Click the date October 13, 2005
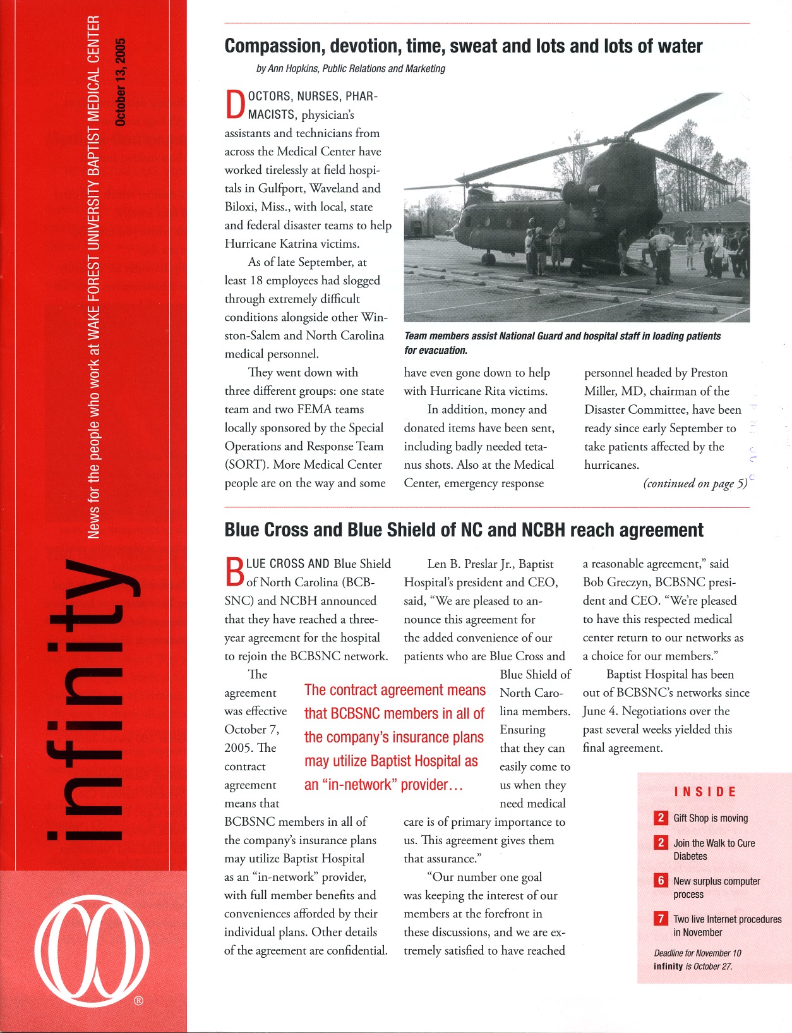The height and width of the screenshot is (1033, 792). coord(121,82)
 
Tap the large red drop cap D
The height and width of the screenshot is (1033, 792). coord(235,105)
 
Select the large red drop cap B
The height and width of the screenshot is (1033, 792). coord(234,571)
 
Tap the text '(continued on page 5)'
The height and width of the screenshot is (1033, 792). coord(695,484)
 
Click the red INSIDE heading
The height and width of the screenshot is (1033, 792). coord(705,792)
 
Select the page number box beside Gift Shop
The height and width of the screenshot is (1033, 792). coord(661,818)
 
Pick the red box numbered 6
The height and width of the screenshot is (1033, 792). coord(661,881)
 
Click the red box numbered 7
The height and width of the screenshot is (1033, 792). coord(661,919)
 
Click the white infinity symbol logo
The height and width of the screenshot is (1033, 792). coord(93,950)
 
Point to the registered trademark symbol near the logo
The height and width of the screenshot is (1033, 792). coord(139,1000)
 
